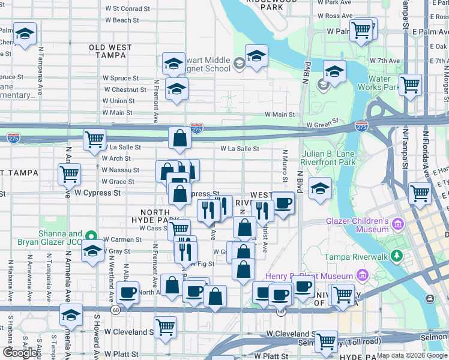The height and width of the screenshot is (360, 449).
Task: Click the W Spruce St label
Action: [120, 78]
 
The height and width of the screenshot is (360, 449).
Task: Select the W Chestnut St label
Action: [121, 89]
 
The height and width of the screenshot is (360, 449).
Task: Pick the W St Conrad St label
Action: [127, 9]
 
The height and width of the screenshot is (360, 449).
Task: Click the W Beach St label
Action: [122, 20]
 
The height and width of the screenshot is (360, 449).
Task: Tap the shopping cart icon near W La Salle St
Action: [95, 139]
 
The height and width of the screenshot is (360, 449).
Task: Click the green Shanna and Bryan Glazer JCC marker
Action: [91, 236]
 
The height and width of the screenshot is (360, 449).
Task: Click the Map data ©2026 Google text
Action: [412, 355]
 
